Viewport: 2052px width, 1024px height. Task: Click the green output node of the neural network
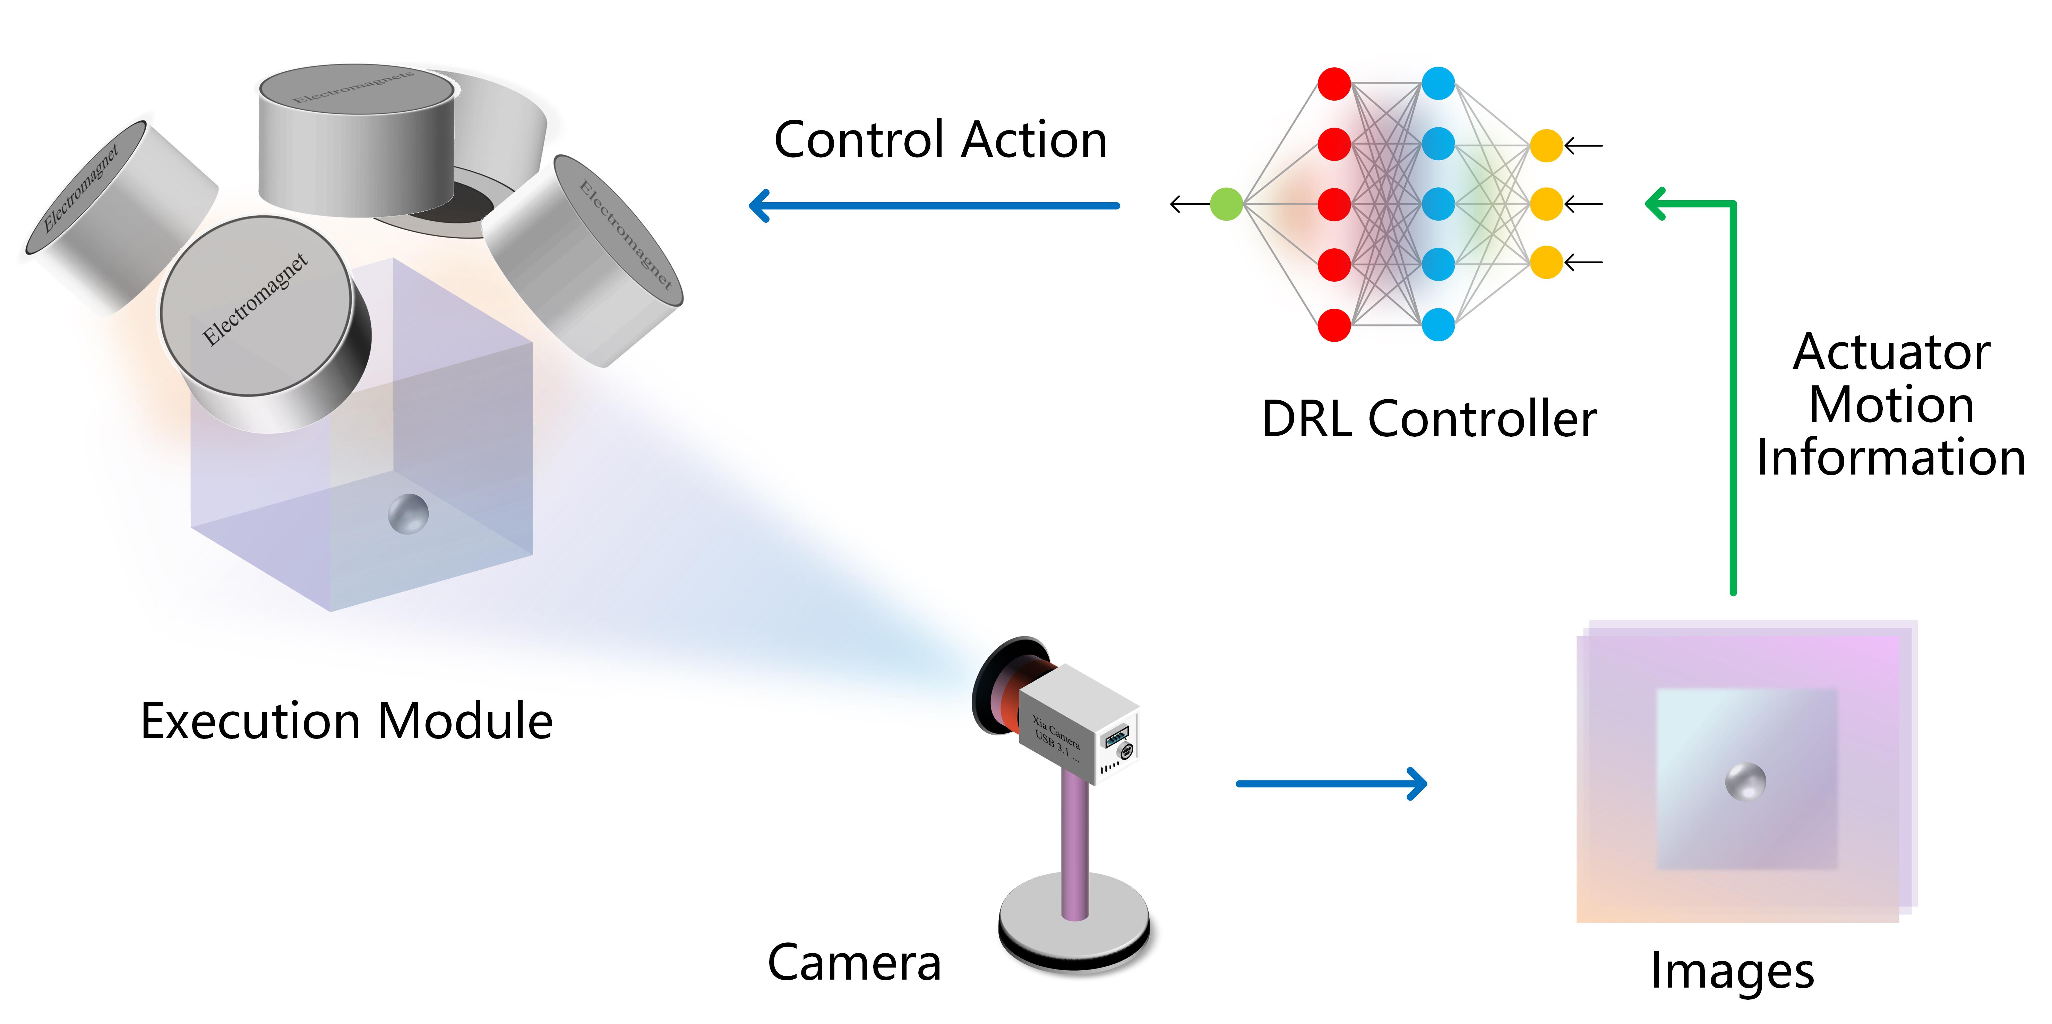(x=1226, y=204)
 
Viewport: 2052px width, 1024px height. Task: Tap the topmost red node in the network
(x=1334, y=84)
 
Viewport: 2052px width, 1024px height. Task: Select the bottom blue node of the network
(x=1438, y=324)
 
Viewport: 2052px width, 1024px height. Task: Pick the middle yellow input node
(x=1546, y=204)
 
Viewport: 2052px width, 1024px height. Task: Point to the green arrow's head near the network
(x=1657, y=204)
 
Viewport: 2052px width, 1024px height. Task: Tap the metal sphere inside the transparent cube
(x=408, y=514)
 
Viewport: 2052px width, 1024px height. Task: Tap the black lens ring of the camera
(x=992, y=685)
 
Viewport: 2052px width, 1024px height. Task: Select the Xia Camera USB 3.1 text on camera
(x=1055, y=737)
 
